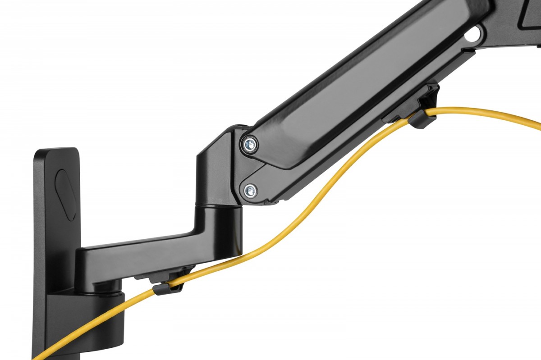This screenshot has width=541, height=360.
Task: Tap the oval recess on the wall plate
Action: point(65,194)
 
